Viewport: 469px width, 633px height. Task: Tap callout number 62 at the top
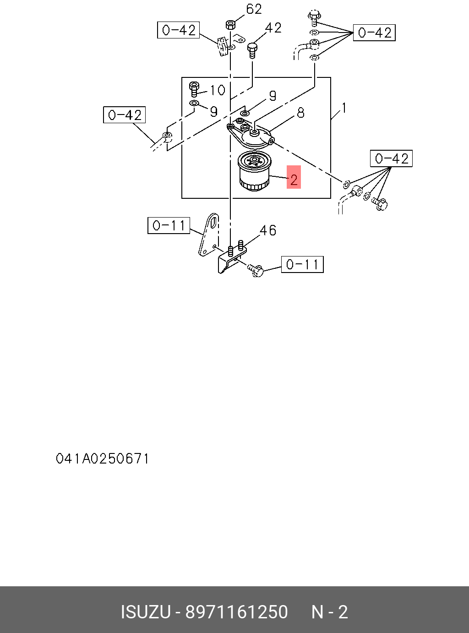tap(254, 9)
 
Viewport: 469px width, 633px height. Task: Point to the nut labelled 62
tap(230, 24)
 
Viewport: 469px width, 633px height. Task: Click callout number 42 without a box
tap(273, 28)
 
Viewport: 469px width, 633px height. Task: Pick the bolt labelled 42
tap(252, 49)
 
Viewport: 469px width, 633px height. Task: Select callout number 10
tap(218, 90)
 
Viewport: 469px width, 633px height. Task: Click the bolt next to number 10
tap(194, 88)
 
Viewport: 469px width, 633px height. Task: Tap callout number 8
tap(300, 113)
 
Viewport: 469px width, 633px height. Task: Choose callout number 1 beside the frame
tap(344, 108)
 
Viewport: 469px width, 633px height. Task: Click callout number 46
tap(268, 230)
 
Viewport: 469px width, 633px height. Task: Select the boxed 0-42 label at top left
tap(178, 30)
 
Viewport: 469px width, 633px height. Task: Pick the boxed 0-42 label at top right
tap(374, 33)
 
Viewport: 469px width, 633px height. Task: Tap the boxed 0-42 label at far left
tap(124, 115)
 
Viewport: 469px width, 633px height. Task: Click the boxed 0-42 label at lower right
tap(391, 158)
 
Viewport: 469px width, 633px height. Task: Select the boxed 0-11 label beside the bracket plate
tap(169, 225)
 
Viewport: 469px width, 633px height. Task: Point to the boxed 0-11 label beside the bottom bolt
tap(302, 264)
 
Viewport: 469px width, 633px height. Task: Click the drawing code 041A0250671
tap(103, 458)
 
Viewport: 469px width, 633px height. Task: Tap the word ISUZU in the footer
tap(146, 612)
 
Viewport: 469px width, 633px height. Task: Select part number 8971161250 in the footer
tap(236, 612)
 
